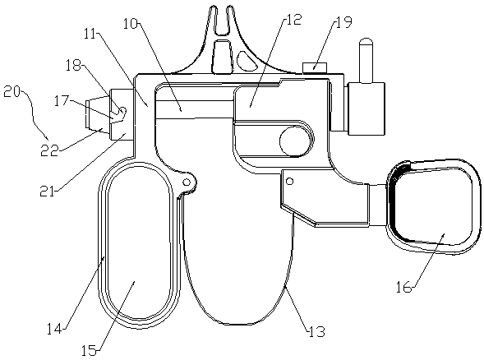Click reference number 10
131,24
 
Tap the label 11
90,35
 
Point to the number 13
316,331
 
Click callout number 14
54,329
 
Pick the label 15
89,350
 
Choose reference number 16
404,288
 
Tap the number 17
61,100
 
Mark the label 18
73,65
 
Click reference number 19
343,22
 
